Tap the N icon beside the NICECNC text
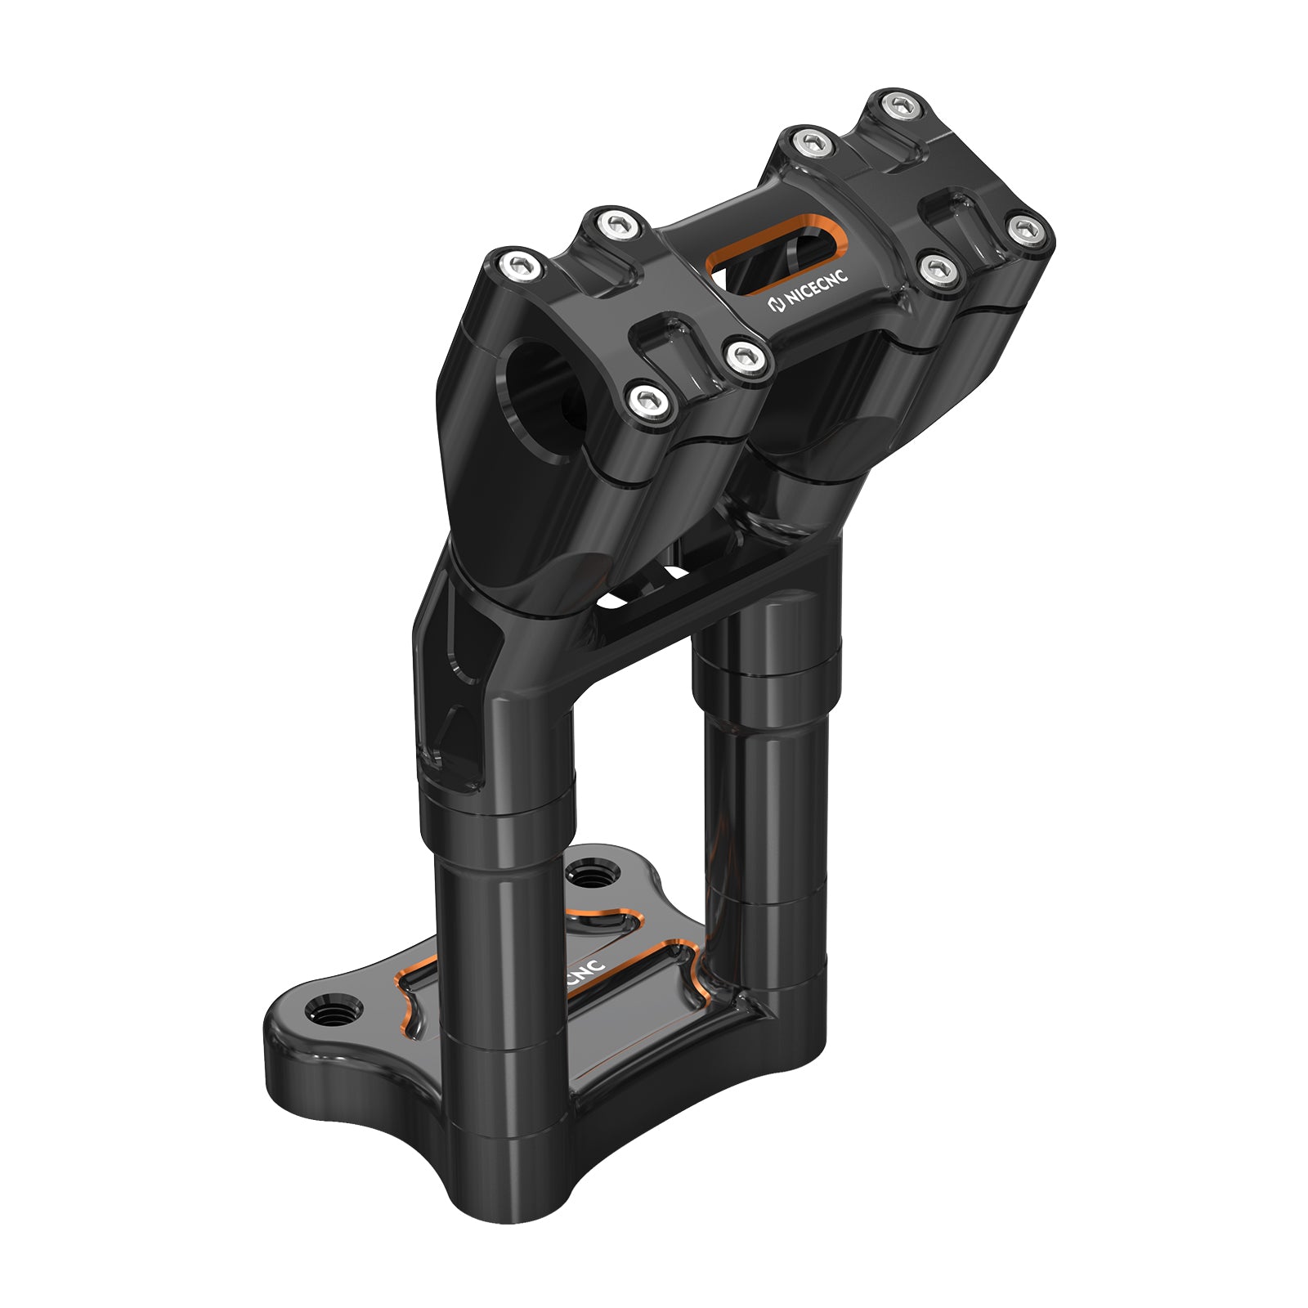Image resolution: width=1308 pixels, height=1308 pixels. (776, 306)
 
